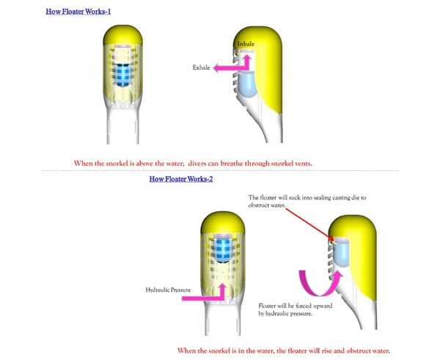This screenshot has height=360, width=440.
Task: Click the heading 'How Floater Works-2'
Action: click(180, 178)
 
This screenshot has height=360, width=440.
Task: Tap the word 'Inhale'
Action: click(245, 45)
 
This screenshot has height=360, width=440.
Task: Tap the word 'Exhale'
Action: click(201, 67)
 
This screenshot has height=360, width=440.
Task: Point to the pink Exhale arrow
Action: click(229, 67)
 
